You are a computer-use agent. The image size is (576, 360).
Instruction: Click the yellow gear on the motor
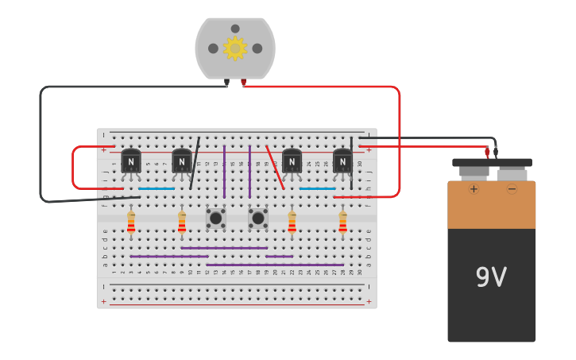(x=235, y=48)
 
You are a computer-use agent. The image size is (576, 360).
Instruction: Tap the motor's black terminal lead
(x=226, y=82)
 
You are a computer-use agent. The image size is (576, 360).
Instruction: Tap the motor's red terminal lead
(x=243, y=82)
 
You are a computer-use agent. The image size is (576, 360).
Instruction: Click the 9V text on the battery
(x=491, y=277)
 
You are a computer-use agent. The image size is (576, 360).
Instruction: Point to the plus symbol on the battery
(x=474, y=189)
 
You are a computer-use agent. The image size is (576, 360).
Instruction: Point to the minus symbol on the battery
(x=512, y=189)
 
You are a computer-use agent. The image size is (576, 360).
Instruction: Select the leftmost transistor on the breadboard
(x=131, y=161)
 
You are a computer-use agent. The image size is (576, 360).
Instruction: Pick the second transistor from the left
(x=182, y=161)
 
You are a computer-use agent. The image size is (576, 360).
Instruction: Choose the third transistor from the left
(x=292, y=161)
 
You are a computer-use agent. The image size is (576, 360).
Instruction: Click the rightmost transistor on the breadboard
(x=342, y=161)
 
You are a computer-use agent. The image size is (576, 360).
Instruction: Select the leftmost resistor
(x=131, y=222)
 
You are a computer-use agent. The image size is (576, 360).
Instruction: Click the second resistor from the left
(x=182, y=222)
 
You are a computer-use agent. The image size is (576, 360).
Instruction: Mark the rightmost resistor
(x=342, y=222)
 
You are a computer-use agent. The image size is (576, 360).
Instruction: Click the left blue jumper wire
(x=157, y=188)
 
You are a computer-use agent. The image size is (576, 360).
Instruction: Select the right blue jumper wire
(x=317, y=188)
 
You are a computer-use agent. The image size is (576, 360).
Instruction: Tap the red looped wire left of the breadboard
(x=73, y=168)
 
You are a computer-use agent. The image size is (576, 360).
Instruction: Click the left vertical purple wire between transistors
(x=224, y=171)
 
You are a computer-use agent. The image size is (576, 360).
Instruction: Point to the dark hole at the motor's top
(x=235, y=29)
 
